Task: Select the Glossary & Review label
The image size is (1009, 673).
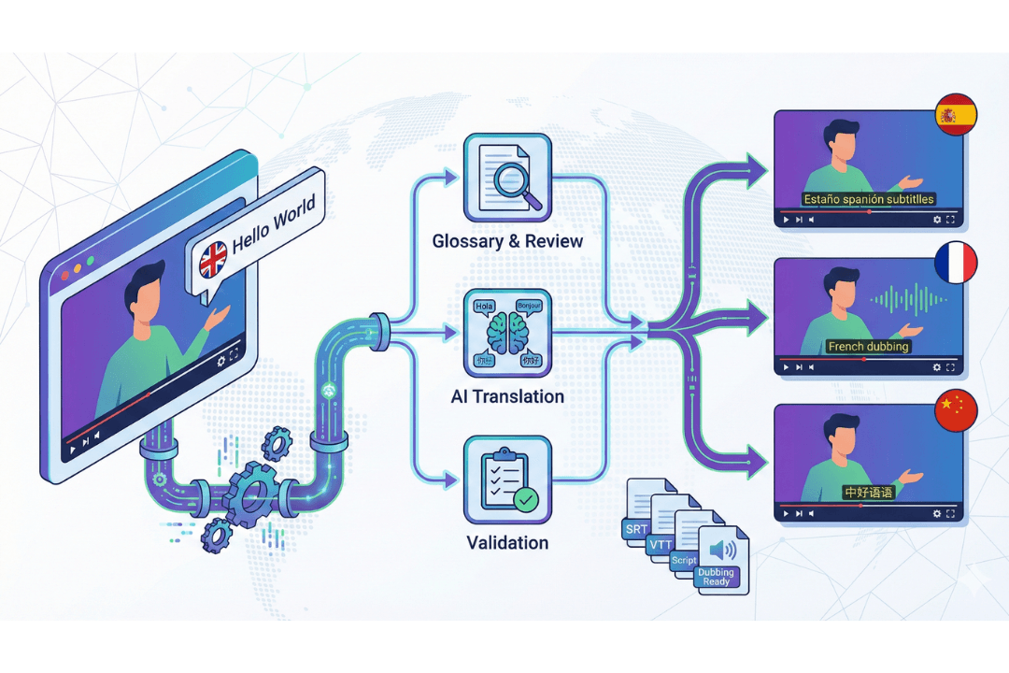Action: point(507,241)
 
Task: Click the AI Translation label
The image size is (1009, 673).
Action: point(507,396)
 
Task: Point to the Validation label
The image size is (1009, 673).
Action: point(507,542)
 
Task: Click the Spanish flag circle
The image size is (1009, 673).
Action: point(956,114)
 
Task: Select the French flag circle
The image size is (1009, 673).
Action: point(956,263)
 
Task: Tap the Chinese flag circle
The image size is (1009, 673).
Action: point(956,409)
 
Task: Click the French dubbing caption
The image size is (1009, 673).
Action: point(868,347)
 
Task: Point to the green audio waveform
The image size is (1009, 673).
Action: point(906,300)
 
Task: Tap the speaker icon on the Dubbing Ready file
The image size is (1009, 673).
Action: point(720,550)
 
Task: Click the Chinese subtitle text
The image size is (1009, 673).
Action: point(868,492)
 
